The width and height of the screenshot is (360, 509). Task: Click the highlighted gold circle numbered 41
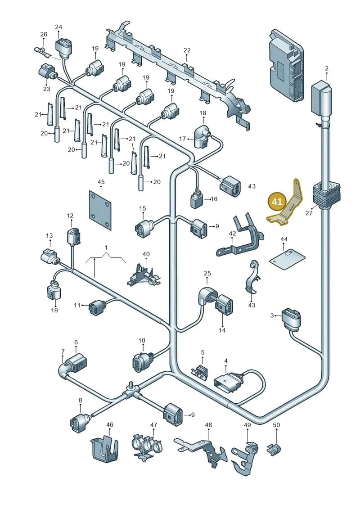click(x=277, y=202)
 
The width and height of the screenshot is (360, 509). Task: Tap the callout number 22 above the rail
click(x=187, y=50)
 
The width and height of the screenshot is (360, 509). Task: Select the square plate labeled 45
click(x=101, y=210)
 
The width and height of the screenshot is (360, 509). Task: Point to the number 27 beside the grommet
click(x=309, y=213)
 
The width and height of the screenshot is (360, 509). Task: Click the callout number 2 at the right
click(x=327, y=68)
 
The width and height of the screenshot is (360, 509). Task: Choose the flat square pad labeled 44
click(x=287, y=258)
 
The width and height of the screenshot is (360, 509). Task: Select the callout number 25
click(x=207, y=273)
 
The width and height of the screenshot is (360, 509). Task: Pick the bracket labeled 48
click(x=201, y=449)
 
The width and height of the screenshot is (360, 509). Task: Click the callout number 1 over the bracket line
click(x=106, y=248)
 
